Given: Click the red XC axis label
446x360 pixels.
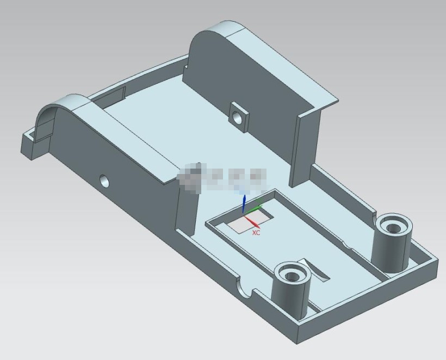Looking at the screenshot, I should tap(256, 233).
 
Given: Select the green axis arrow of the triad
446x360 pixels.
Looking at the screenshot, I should tap(257, 206).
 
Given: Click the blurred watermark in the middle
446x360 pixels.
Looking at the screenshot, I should tap(223, 177).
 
